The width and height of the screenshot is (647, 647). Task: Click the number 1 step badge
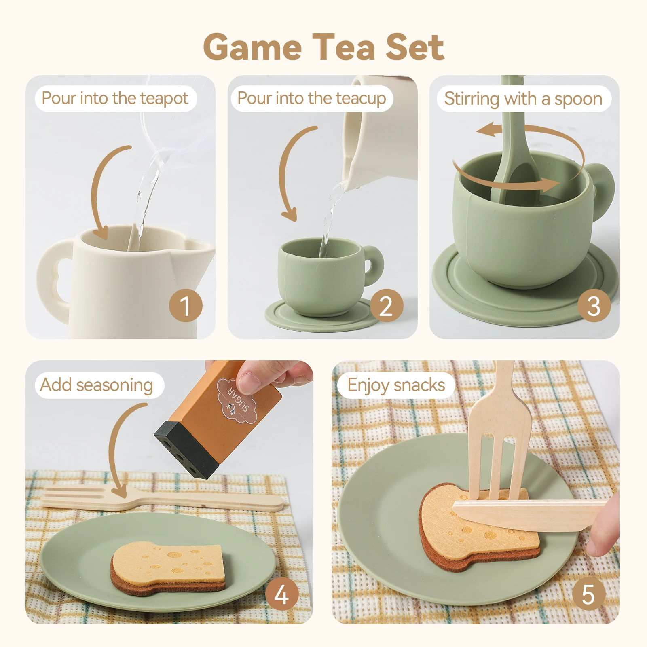186,306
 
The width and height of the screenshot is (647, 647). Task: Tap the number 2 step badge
386,306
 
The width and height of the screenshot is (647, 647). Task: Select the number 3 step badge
594,306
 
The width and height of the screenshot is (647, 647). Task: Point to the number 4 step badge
282,594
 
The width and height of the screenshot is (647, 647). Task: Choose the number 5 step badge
588,594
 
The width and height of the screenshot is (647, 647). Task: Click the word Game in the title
252,48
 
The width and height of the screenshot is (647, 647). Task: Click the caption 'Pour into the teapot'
115,98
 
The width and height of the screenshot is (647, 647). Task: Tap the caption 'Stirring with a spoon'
523,99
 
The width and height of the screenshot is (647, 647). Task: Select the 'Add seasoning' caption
97,385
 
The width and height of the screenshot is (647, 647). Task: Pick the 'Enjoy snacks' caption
396,385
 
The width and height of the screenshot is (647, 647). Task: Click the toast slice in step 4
168,566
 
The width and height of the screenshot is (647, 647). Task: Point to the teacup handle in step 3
603,190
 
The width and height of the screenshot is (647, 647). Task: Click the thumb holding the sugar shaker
253,378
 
